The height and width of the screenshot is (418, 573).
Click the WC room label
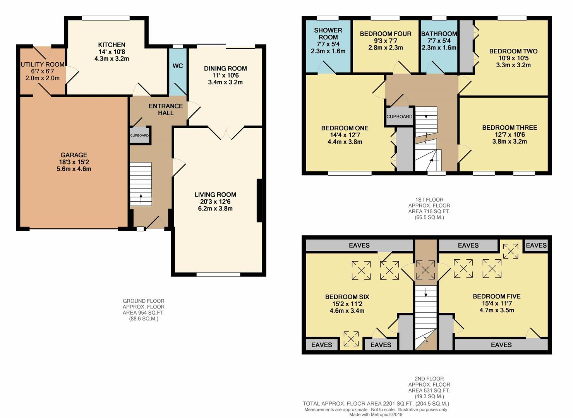178,66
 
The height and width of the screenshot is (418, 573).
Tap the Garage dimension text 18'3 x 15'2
74,162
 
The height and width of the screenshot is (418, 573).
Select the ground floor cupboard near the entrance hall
139,135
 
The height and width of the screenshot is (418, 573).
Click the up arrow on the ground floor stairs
141,198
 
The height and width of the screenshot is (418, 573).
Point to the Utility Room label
42,64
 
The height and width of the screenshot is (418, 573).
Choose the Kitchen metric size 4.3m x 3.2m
112,58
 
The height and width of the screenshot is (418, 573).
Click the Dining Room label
225,69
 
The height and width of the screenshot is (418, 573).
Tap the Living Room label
215,195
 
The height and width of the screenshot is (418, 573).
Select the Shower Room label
328,34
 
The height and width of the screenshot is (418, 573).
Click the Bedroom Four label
386,34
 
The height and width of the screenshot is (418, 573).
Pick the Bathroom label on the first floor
439,34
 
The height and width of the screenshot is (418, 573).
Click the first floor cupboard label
399,116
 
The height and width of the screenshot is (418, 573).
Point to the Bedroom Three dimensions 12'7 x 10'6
510,134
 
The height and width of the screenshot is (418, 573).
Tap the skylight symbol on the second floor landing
425,270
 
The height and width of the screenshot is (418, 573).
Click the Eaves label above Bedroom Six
359,245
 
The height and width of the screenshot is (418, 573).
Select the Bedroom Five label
496,296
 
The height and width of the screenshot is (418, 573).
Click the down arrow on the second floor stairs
425,292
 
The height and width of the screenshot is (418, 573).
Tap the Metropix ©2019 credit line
376,415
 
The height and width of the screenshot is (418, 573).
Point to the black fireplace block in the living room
259,200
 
